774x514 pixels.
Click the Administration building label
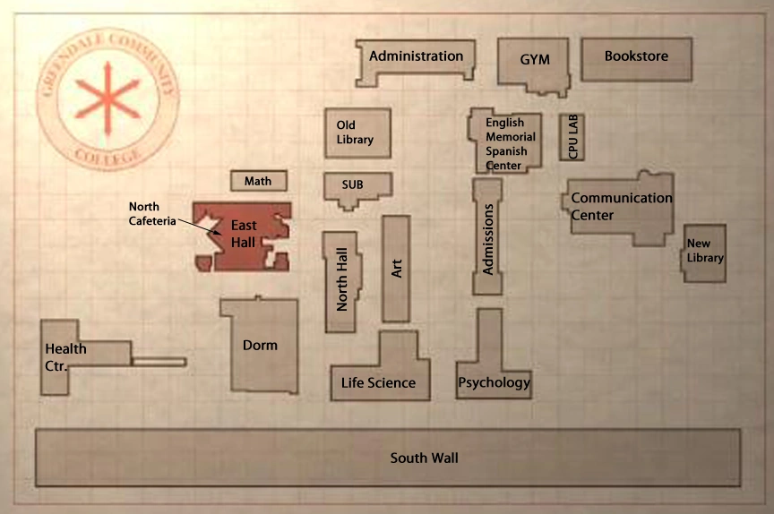click(416, 56)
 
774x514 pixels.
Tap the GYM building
click(535, 60)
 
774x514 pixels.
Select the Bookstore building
click(636, 56)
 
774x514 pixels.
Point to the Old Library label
click(355, 133)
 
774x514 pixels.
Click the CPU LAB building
click(573, 137)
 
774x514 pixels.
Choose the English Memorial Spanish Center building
click(510, 143)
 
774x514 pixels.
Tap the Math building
click(258, 181)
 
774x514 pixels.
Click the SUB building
click(353, 185)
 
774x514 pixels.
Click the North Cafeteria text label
click(151, 214)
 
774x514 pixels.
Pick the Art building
click(396, 268)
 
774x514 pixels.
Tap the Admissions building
click(488, 238)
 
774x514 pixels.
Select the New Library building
click(704, 251)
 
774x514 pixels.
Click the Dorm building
click(260, 345)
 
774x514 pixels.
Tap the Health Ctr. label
click(64, 356)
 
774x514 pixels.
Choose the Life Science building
click(379, 382)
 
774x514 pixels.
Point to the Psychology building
click(494, 382)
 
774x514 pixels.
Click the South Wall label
click(424, 458)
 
